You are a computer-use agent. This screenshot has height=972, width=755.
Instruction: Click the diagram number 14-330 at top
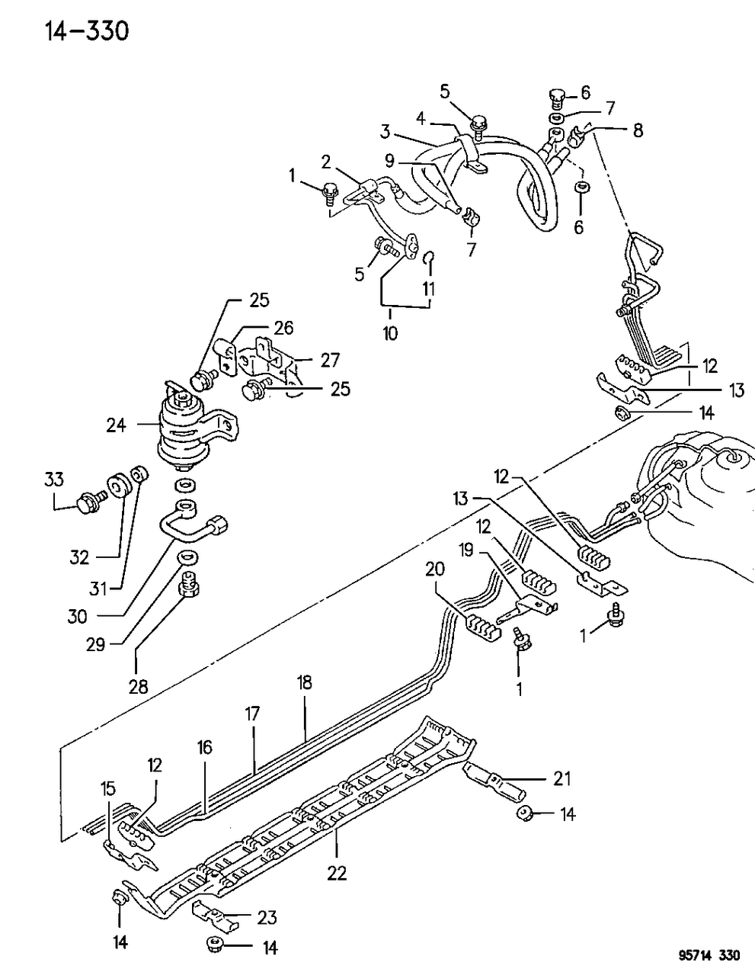(x=71, y=31)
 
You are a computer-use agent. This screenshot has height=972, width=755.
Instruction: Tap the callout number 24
(x=116, y=425)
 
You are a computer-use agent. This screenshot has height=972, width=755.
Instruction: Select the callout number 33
(x=53, y=480)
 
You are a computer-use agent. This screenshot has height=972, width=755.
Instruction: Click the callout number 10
(x=390, y=333)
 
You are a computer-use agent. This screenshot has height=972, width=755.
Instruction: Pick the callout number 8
(x=638, y=130)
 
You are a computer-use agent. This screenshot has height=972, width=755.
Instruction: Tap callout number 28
(x=137, y=686)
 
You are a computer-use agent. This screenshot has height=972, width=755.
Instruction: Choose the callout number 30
(x=78, y=616)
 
